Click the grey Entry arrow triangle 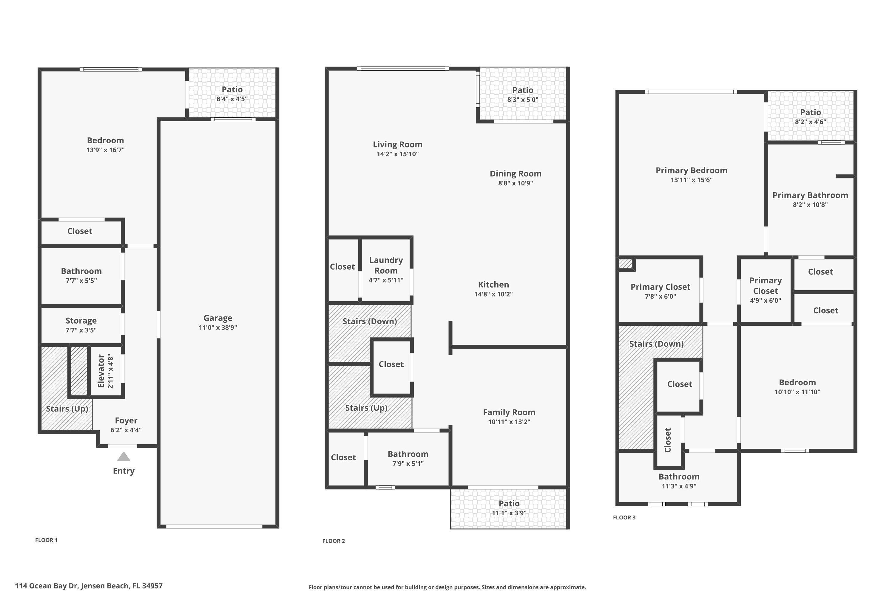click(x=124, y=457)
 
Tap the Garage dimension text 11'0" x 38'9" click(x=218, y=328)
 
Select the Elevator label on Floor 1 click(x=101, y=371)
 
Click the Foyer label click(x=126, y=420)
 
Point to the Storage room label click(x=81, y=320)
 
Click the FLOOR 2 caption click(x=333, y=541)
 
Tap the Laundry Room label click(x=386, y=265)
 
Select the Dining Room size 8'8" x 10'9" click(x=515, y=183)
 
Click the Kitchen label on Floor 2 click(x=493, y=284)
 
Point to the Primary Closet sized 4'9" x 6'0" click(x=765, y=286)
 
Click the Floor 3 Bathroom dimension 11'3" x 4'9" click(x=679, y=486)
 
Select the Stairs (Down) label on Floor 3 click(x=656, y=344)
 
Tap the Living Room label click(x=397, y=145)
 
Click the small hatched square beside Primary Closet click(x=625, y=264)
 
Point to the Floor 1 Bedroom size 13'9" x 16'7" click(x=105, y=150)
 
